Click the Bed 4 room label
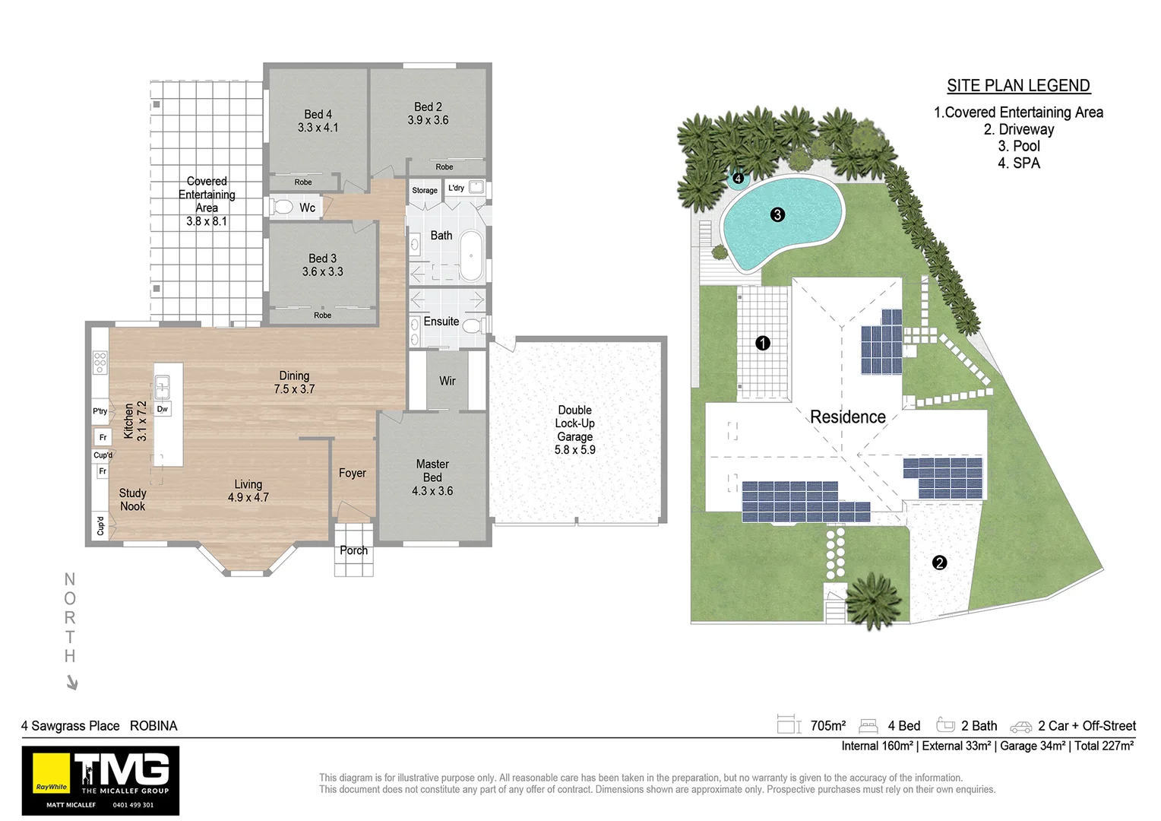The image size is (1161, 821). point(318,121)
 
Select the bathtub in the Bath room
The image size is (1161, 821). point(472,257)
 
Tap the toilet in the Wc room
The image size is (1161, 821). point(283,207)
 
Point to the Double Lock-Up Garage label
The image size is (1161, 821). point(575,430)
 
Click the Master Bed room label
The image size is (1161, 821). point(432,477)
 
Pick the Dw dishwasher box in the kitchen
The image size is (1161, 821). point(162,409)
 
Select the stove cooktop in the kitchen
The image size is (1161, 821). point(100,363)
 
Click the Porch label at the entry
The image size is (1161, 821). point(353,550)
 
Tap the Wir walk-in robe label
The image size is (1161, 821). point(447,381)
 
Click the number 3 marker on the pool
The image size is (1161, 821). point(777,214)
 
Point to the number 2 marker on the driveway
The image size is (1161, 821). point(939,563)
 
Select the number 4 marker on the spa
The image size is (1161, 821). point(738,179)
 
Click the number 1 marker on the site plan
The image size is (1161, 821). point(763,343)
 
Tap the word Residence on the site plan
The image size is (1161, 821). point(847,417)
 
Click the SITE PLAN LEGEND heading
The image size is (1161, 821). point(1018,86)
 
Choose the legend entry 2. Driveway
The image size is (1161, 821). point(1018,129)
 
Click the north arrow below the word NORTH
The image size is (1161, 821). point(72,683)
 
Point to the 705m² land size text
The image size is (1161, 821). point(827,726)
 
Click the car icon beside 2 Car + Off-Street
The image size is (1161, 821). point(1020,727)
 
